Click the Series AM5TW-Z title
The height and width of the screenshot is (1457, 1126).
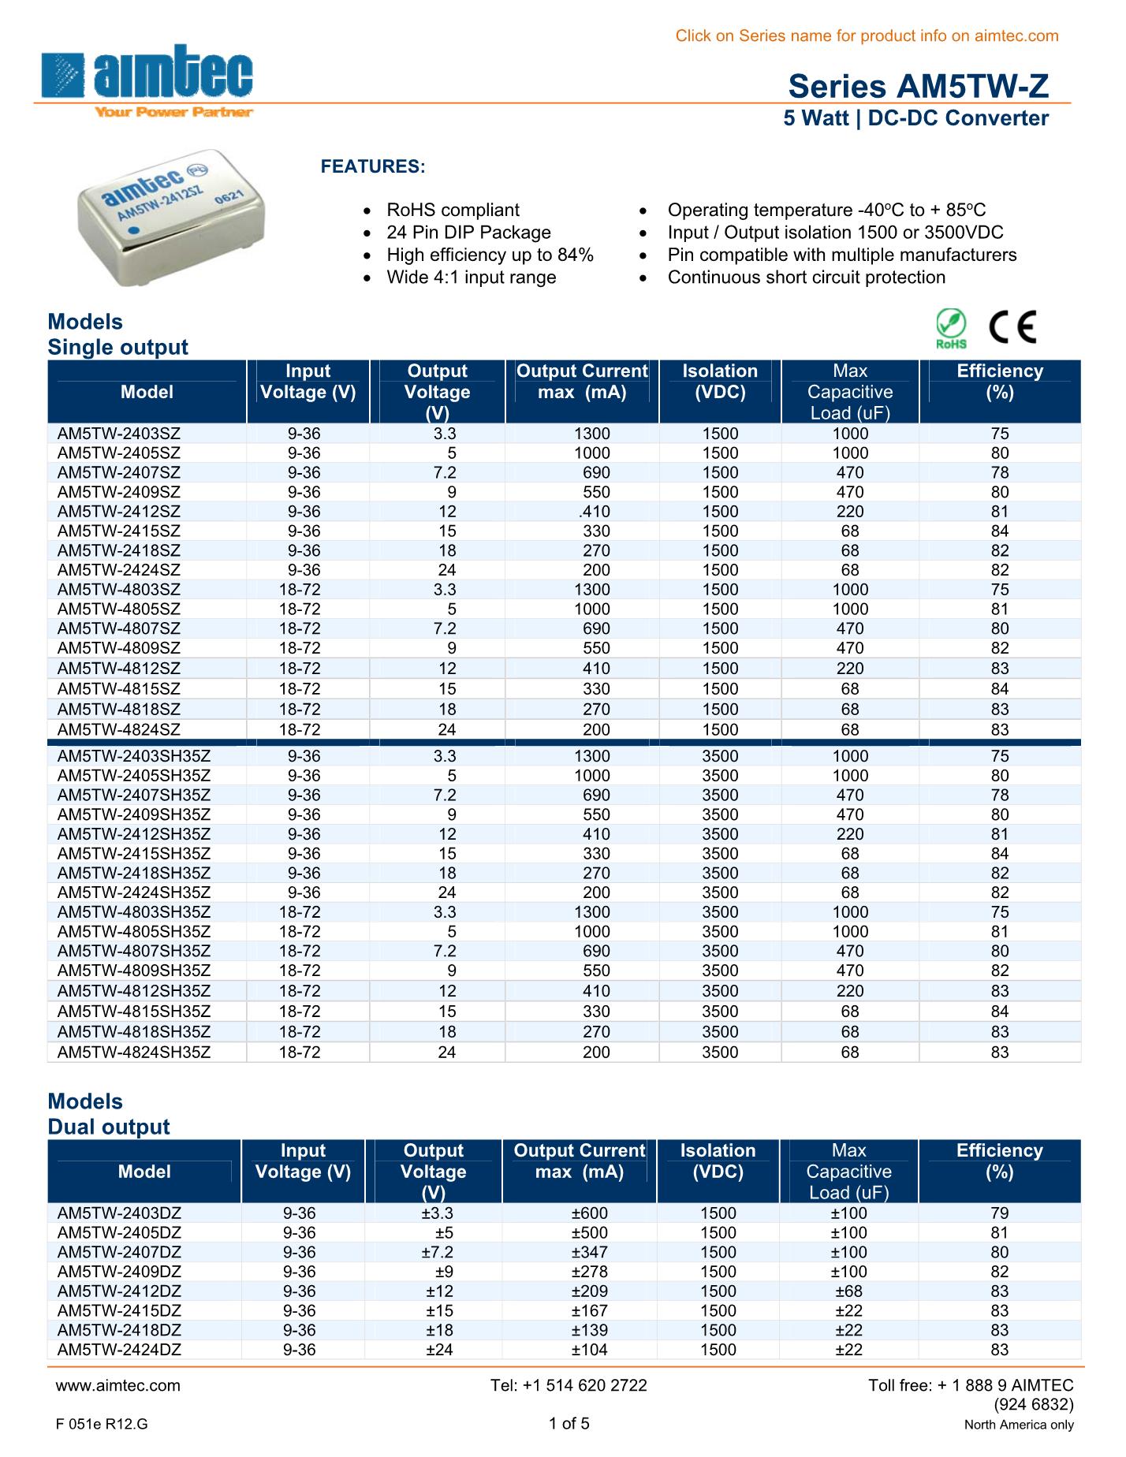[x=919, y=86]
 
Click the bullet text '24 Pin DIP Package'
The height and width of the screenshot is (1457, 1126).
[x=468, y=233]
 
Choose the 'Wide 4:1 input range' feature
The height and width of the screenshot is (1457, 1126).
[x=471, y=278]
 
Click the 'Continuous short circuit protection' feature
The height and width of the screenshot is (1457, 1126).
[x=806, y=278]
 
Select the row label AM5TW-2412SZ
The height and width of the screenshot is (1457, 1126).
[x=119, y=512]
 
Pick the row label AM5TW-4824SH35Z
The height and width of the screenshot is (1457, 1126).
[x=134, y=1052]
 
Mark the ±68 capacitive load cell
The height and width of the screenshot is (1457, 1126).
[x=849, y=1291]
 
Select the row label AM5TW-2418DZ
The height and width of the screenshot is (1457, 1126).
[x=119, y=1330]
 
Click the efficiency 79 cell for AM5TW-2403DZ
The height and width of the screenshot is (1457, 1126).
[x=999, y=1213]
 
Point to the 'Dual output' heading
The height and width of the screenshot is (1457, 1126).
[x=109, y=1127]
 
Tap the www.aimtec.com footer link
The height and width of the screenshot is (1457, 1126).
[x=119, y=1385]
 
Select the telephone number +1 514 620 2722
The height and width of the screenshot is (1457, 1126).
[x=569, y=1385]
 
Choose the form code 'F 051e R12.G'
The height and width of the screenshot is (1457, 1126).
[x=103, y=1425]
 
